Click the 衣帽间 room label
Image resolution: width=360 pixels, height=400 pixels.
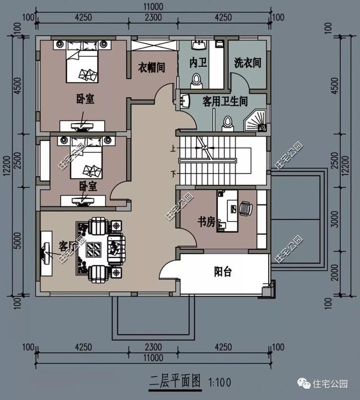click(x=152, y=67)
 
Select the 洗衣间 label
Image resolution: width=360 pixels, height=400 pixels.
click(x=247, y=63)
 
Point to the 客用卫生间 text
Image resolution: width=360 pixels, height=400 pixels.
click(x=225, y=101)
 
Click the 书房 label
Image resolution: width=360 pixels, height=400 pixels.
click(x=206, y=222)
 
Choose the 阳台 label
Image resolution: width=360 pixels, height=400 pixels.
click(x=223, y=272)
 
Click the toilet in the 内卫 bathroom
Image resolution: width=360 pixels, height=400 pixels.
click(x=196, y=81)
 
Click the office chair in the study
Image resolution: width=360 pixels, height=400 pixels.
click(x=245, y=208)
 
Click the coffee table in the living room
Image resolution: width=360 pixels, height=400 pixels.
click(x=94, y=247)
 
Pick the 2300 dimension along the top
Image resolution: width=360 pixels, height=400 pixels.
click(x=152, y=17)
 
